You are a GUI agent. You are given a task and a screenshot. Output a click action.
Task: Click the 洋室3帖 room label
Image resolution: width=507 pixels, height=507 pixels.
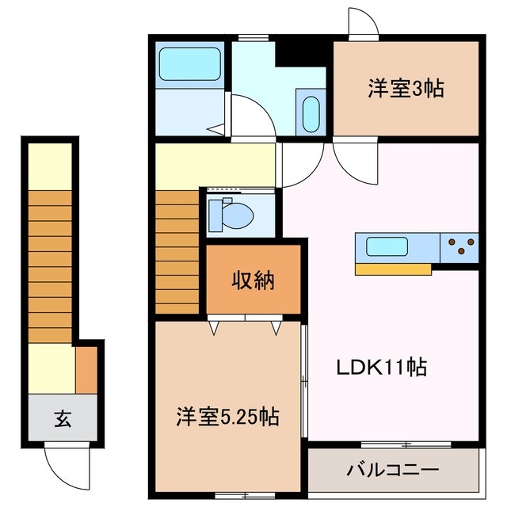point(405,89)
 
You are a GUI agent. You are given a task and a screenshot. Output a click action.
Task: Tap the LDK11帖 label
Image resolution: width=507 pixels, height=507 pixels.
point(383,367)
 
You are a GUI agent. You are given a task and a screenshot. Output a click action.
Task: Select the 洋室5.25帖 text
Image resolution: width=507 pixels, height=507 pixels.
point(227,416)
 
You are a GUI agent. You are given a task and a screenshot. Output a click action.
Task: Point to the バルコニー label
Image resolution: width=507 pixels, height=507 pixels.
point(392,471)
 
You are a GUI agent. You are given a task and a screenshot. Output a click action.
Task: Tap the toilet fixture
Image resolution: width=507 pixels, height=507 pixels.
point(233,214)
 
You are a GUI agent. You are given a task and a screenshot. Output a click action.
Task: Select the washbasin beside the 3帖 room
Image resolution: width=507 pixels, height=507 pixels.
point(311,113)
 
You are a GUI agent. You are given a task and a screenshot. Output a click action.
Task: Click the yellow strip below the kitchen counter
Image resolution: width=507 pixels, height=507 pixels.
point(393,269)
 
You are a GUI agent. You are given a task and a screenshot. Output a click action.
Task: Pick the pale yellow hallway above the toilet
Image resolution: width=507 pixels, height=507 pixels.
point(214,164)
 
